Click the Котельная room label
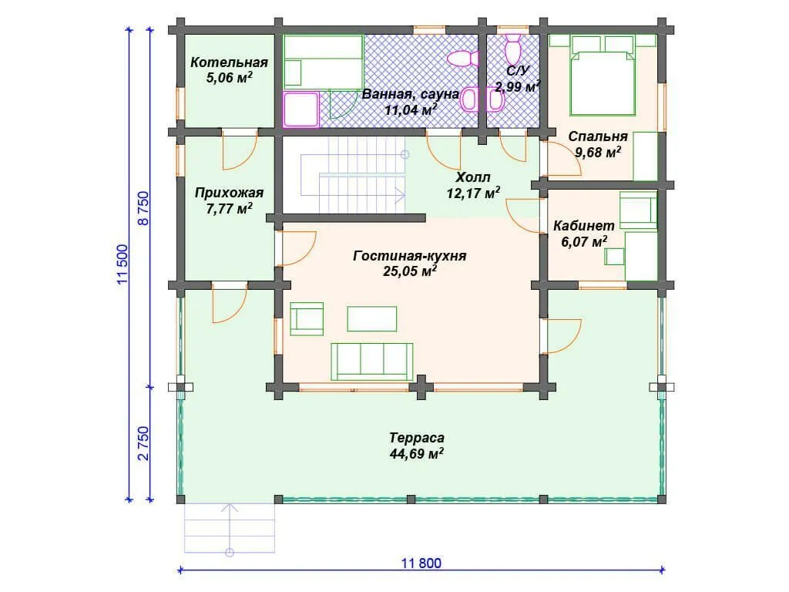click(229, 62)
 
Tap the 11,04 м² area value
click(411, 109)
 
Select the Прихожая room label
click(229, 193)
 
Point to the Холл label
click(472, 177)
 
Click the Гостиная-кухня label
click(410, 256)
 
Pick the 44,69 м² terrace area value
click(416, 453)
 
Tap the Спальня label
click(598, 136)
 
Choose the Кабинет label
click(584, 226)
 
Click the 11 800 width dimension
click(421, 563)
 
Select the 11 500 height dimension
click(123, 264)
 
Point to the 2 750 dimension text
click(144, 443)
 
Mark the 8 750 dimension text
click(144, 208)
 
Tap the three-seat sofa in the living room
click(372, 362)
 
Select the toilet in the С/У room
click(512, 49)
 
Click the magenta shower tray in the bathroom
click(301, 109)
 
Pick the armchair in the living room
click(307, 319)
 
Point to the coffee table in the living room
click(372, 318)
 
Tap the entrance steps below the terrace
click(230, 529)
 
